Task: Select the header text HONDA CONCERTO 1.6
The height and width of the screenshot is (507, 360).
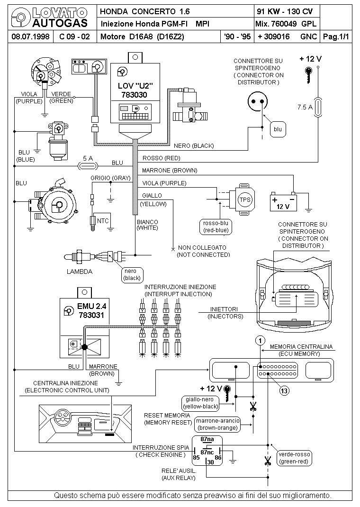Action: (x=138, y=11)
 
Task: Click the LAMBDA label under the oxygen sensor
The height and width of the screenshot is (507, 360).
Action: (x=80, y=272)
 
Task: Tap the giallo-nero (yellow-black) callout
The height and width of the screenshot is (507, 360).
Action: (x=199, y=403)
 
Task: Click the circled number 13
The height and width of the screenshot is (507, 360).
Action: (x=284, y=390)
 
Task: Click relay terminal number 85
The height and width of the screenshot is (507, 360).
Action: (x=196, y=458)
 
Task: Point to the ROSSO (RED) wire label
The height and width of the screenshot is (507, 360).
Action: (x=162, y=158)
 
